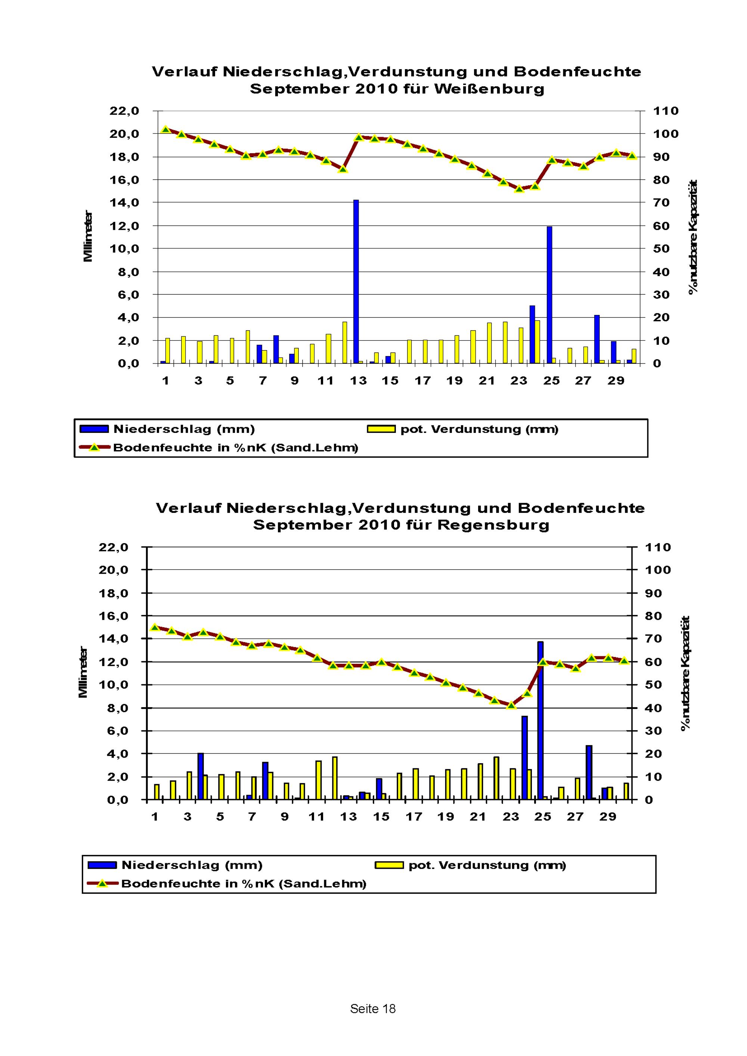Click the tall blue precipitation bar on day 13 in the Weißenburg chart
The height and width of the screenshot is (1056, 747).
coord(356,282)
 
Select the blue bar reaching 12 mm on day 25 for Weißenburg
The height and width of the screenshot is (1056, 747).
coord(549,294)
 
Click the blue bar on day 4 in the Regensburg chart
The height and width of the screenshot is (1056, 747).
coord(201,777)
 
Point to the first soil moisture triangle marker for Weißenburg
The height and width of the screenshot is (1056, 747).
coord(166,130)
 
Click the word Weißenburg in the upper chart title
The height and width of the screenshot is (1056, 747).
coord(489,89)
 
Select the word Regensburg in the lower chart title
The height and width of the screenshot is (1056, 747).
coord(493,525)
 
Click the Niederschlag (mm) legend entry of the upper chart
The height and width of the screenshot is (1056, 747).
coord(183,429)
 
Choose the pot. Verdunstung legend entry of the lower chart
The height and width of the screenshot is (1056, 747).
coord(487,865)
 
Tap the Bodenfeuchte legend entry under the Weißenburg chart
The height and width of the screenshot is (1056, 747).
coord(235,448)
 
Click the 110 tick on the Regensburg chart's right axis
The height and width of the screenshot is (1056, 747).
coord(658,547)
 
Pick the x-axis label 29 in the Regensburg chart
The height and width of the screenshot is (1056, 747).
coord(607,817)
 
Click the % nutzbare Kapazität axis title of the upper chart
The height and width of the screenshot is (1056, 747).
coord(693,236)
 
